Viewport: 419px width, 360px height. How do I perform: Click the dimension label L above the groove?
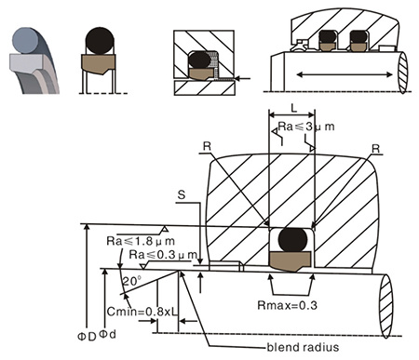293,108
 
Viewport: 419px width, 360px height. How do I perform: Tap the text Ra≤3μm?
306,127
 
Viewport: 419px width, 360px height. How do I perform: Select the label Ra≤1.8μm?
141,241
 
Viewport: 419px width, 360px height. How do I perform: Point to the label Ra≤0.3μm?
163,255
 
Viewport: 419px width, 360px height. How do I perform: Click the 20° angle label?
132,281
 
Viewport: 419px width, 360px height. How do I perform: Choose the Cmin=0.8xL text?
142,312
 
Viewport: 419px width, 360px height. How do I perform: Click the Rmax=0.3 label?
288,305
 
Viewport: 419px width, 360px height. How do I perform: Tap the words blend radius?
303,347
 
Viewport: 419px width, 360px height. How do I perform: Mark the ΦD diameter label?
87,337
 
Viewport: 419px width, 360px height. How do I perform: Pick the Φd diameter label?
107,334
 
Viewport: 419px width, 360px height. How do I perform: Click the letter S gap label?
182,194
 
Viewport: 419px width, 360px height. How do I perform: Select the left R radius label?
207,146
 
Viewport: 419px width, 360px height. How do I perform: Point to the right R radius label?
376,149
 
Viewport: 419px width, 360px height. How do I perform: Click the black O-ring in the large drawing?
292,240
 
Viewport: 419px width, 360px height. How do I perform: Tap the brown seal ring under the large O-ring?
290,260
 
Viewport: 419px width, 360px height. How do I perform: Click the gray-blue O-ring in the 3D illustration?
26,40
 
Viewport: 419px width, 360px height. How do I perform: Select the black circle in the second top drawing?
100,41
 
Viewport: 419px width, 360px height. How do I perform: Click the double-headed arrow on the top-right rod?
345,74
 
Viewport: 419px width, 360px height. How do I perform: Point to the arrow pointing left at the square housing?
242,79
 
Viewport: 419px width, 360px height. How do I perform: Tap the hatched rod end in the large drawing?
385,306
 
